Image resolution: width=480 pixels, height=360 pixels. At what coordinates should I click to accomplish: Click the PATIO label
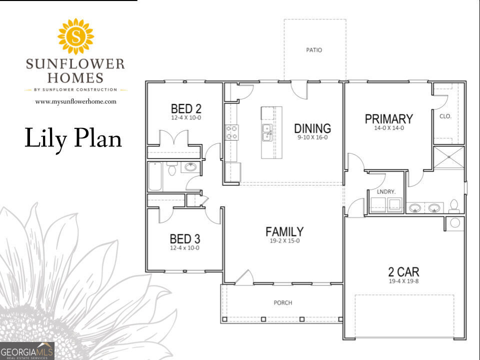(x=314, y=50)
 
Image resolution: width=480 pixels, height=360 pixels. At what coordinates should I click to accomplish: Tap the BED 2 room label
(x=186, y=108)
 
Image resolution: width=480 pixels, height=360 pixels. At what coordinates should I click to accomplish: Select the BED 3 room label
(x=185, y=239)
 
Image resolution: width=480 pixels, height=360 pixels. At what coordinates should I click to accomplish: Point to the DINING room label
(x=312, y=128)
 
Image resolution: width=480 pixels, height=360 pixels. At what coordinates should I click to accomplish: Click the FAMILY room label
(x=284, y=231)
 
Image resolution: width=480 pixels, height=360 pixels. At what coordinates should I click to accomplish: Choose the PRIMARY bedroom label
(x=389, y=119)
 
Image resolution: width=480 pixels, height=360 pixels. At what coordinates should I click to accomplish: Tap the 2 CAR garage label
(x=404, y=271)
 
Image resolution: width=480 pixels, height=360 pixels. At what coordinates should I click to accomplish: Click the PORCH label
(x=283, y=303)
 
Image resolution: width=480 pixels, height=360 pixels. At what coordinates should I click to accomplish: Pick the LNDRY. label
(x=386, y=192)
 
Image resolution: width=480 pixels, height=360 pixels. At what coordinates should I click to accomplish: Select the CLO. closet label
(x=445, y=116)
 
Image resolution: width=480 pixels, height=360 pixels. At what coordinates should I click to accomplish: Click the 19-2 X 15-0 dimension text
(x=284, y=240)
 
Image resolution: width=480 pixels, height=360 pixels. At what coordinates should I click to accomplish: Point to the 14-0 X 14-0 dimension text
(x=389, y=128)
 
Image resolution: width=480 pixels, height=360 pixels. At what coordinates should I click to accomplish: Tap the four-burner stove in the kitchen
(x=231, y=132)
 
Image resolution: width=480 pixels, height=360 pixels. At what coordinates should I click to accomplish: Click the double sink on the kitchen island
(x=267, y=132)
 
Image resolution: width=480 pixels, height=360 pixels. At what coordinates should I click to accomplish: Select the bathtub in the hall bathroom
(x=155, y=176)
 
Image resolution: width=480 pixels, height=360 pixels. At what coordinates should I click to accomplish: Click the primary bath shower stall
(x=449, y=157)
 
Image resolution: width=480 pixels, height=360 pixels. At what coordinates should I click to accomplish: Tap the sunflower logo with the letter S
(x=75, y=36)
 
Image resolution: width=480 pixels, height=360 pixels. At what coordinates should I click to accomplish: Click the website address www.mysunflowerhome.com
(x=75, y=101)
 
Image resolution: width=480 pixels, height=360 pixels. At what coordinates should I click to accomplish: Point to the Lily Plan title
(x=73, y=138)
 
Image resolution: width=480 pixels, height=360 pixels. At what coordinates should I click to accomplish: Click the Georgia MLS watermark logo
(x=27, y=351)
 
